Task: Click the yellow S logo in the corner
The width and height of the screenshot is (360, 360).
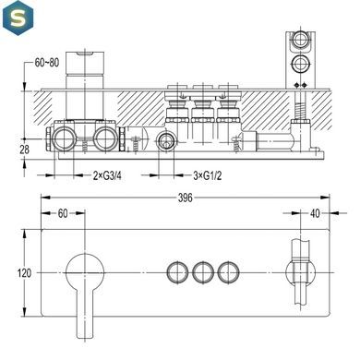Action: (18, 18)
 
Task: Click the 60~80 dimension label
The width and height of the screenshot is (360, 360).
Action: (47, 63)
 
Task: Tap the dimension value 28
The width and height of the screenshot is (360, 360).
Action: (24, 150)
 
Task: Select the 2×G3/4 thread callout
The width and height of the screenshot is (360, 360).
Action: (107, 175)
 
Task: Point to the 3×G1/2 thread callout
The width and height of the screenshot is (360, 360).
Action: (207, 175)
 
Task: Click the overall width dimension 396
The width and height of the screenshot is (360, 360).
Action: (186, 198)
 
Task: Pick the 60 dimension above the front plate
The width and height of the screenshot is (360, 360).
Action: (63, 213)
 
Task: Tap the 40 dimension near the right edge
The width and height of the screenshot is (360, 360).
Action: (315, 213)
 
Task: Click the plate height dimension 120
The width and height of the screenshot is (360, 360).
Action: (24, 273)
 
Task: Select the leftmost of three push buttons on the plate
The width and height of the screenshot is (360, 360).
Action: (177, 272)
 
